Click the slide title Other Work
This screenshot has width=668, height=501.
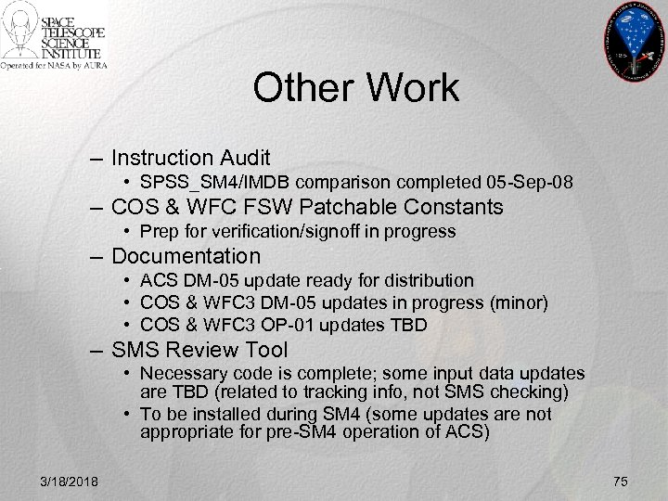(x=355, y=89)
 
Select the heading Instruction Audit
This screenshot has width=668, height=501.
(x=191, y=157)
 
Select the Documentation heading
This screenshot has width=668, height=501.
(x=186, y=255)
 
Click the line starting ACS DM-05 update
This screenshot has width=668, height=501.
(x=306, y=280)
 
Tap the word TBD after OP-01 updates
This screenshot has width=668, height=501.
(x=409, y=325)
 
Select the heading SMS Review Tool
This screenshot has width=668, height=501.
(x=199, y=351)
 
